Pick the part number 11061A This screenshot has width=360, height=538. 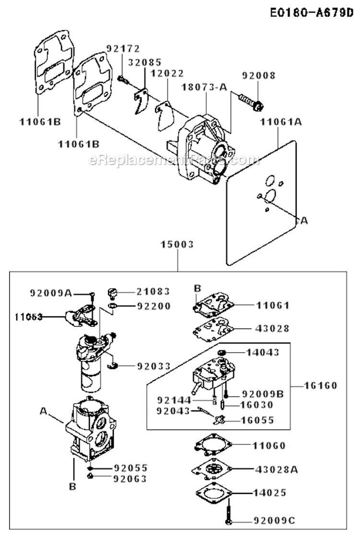pyautogui.click(x=281, y=122)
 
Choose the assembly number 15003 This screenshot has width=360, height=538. pyautogui.click(x=177, y=244)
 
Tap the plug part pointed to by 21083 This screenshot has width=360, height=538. pyautogui.click(x=113, y=291)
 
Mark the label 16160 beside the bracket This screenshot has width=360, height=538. pyautogui.click(x=321, y=385)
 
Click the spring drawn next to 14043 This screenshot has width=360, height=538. pyautogui.click(x=222, y=353)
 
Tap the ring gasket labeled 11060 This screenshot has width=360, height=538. pyautogui.click(x=209, y=446)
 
